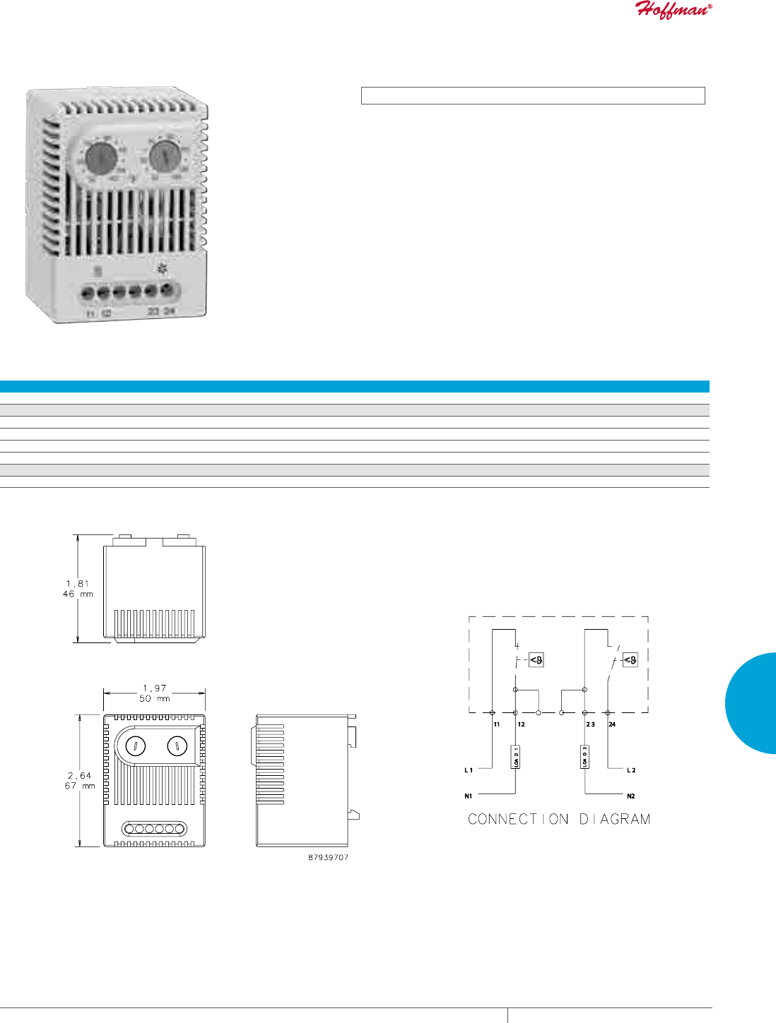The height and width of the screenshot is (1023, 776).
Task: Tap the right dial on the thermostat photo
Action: click(165, 155)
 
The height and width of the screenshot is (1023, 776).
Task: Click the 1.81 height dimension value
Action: click(78, 584)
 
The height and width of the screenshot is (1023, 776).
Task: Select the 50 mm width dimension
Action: click(154, 698)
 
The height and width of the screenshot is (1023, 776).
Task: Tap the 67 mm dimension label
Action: click(79, 786)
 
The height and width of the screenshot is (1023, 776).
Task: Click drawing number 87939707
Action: click(328, 857)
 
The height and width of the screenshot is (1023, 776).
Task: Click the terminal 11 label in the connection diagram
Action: click(497, 724)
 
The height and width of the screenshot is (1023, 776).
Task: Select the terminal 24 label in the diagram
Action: click(612, 724)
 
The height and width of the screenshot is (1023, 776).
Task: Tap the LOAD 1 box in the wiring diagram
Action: click(516, 757)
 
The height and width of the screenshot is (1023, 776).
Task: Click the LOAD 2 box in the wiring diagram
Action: click(584, 757)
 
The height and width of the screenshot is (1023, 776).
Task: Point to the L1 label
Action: click(469, 770)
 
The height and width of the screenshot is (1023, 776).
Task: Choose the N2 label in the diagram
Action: click(630, 796)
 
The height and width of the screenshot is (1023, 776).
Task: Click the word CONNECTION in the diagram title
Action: click(518, 819)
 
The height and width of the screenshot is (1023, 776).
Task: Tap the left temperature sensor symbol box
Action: click(536, 660)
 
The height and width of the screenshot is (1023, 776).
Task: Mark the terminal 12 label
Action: click(521, 724)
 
